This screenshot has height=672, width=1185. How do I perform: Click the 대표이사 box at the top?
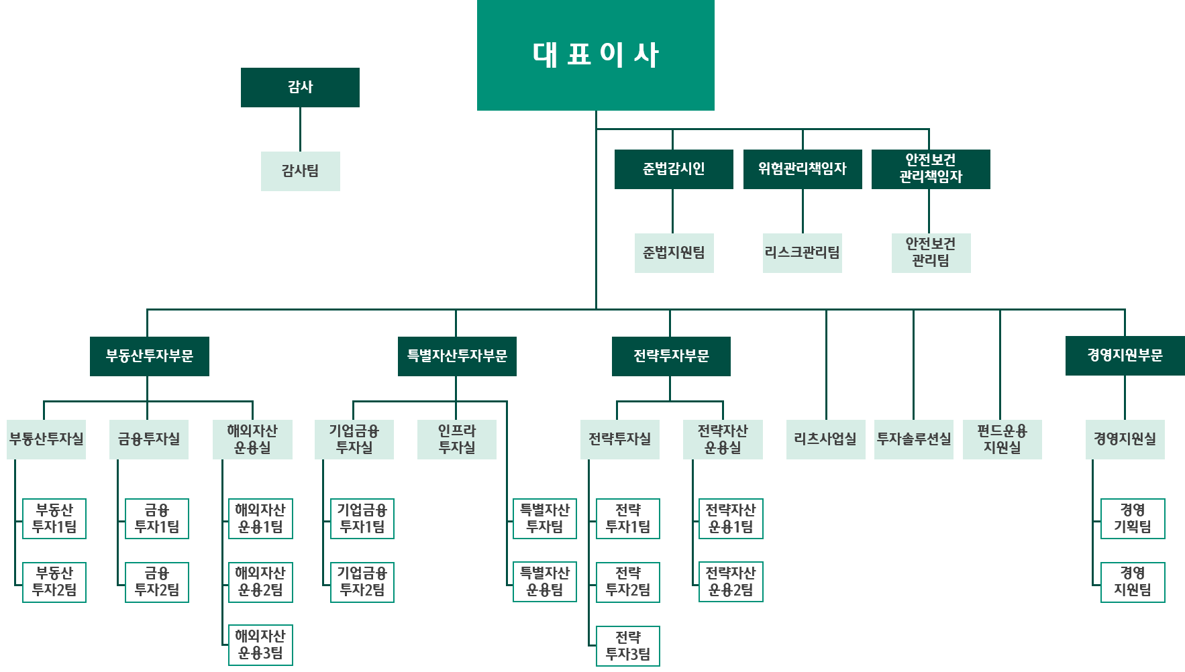click(595, 55)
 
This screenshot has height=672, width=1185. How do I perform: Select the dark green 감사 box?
click(300, 87)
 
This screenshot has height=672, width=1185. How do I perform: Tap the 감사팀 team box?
click(300, 171)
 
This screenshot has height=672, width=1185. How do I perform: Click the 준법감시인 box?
click(674, 169)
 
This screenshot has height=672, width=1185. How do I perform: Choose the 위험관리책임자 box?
click(803, 169)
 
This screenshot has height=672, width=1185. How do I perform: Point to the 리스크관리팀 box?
click(803, 253)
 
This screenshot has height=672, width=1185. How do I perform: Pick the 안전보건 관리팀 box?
click(931, 253)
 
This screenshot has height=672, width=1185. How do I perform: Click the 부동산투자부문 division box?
click(150, 356)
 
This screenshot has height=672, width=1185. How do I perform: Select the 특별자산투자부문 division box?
click(457, 356)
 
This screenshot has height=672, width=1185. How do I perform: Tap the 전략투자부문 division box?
click(671, 356)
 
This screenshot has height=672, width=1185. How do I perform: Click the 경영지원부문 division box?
click(1125, 355)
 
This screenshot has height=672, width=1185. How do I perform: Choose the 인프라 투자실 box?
click(457, 439)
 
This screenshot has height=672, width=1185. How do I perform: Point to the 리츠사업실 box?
click(825, 439)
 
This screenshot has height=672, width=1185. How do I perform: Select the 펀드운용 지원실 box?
click(1002, 439)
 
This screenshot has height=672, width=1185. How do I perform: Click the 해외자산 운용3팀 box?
click(260, 645)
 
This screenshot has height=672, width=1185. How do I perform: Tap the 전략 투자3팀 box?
click(628, 646)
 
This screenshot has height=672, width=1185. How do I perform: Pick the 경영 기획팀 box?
click(1133, 518)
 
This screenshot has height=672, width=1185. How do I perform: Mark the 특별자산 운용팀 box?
click(545, 582)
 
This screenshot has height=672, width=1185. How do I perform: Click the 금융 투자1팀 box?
click(157, 518)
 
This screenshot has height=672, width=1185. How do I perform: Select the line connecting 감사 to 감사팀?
click(300, 129)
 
